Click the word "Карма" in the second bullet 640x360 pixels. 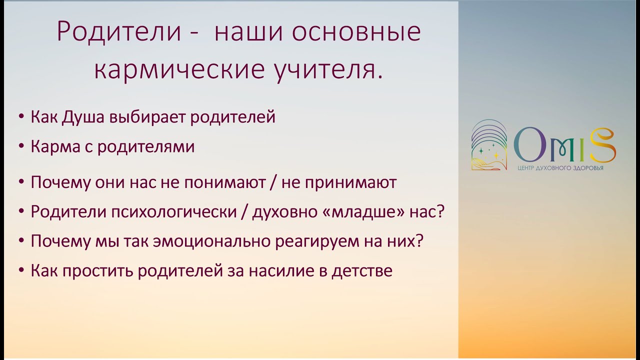click(x=51, y=147)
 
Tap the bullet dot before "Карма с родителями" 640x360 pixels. click(x=21, y=147)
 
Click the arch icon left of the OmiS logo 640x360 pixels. click(x=489, y=145)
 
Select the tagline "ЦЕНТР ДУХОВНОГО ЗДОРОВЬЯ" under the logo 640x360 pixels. click(x=560, y=168)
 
